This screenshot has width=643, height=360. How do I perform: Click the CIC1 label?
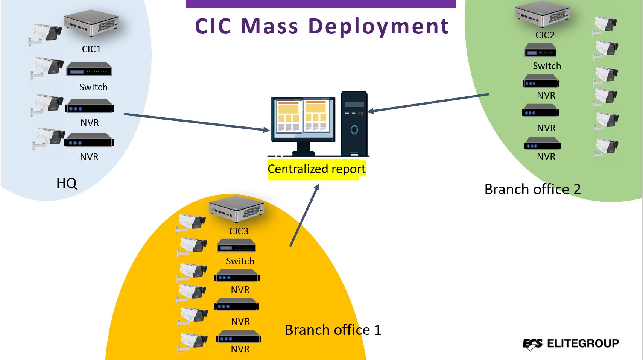coord(91,49)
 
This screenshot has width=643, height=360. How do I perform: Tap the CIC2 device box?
coord(542,14)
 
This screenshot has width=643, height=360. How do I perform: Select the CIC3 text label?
coord(239,231)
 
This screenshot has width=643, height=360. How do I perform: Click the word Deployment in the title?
coord(379,26)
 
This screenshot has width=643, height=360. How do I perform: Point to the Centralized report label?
coord(317,169)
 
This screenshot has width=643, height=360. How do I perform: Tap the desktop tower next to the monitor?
coord(354,123)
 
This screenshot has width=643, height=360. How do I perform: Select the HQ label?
coord(67,183)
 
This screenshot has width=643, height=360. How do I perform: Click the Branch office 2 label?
coord(532,189)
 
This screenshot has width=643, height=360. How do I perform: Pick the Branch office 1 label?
coord(333,330)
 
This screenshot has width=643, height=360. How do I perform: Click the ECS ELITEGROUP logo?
coord(570,344)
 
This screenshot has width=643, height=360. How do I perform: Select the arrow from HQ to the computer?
coord(197,123)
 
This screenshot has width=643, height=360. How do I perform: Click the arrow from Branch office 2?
coord(428,103)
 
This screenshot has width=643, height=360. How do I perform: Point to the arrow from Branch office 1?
coord(304,215)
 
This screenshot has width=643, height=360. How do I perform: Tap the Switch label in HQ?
coord(93,87)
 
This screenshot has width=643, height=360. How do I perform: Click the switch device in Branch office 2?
coord(540,50)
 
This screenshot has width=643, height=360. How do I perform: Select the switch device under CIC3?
coord(236,246)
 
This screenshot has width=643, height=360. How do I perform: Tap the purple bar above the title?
coord(321,4)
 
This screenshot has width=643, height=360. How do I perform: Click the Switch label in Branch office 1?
coord(240,261)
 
